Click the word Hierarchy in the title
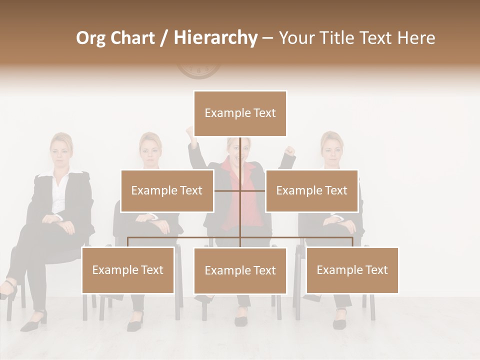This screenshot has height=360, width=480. click(x=215, y=38)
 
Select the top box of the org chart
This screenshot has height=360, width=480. click(x=240, y=113)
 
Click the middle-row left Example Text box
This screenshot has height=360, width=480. click(x=167, y=190)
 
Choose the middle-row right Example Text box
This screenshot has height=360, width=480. click(x=311, y=190)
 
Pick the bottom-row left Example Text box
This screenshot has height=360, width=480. click(x=128, y=270)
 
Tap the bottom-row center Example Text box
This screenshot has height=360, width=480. click(x=240, y=270)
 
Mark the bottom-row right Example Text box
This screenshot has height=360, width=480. click(x=352, y=270)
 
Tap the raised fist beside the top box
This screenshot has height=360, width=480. click(x=189, y=132)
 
